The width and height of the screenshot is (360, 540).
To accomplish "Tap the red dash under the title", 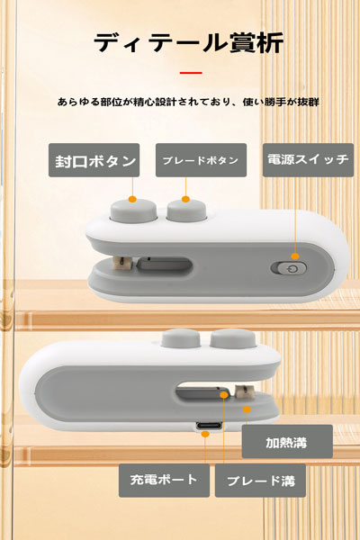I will click(189, 73).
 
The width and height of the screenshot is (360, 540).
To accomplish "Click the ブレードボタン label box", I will click(200, 161).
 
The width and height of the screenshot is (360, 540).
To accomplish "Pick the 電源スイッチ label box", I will click(308, 160).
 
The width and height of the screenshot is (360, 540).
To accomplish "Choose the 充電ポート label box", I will click(164, 480).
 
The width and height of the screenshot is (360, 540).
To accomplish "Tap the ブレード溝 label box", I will click(260, 480).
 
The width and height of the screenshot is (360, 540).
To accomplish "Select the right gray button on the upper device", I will click(184, 212).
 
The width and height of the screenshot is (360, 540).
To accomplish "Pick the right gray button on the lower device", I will click(229, 339).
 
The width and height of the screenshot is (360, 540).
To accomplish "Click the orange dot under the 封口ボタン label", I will click(132, 197).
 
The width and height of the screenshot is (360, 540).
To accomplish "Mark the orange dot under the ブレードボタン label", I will click(186, 198).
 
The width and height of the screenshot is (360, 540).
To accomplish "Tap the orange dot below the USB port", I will click(208, 436).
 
